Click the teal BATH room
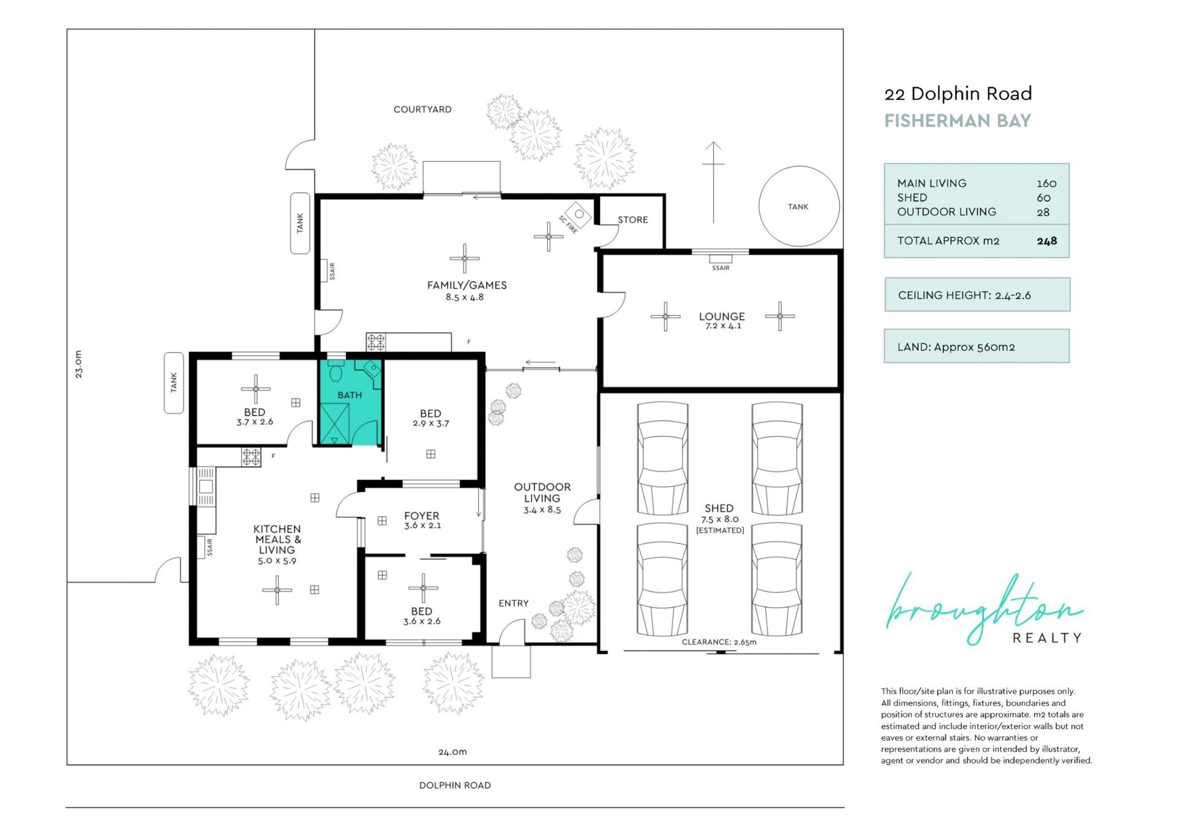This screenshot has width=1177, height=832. [350, 402]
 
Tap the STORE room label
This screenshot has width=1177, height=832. [633, 219]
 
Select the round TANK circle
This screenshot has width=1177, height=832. [799, 206]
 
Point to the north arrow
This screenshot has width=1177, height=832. [713, 182]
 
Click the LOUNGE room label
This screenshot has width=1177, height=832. [722, 316]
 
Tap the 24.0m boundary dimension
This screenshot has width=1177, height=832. [452, 752]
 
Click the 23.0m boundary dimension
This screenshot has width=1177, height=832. [78, 364]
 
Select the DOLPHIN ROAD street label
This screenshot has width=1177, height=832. [455, 785]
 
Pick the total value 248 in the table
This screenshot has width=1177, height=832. [1047, 241]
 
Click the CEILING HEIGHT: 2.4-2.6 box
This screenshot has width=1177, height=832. [977, 295]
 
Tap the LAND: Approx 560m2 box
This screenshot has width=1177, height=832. [977, 346]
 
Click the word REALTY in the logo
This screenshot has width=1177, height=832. [1047, 638]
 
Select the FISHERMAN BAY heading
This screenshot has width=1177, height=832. [958, 121]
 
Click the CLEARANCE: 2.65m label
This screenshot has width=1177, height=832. [719, 642]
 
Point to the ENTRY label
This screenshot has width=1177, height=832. [514, 603]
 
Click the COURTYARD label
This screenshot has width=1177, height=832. [422, 109]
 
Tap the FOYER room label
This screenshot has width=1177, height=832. [422, 516]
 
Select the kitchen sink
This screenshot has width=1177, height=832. [205, 487]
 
